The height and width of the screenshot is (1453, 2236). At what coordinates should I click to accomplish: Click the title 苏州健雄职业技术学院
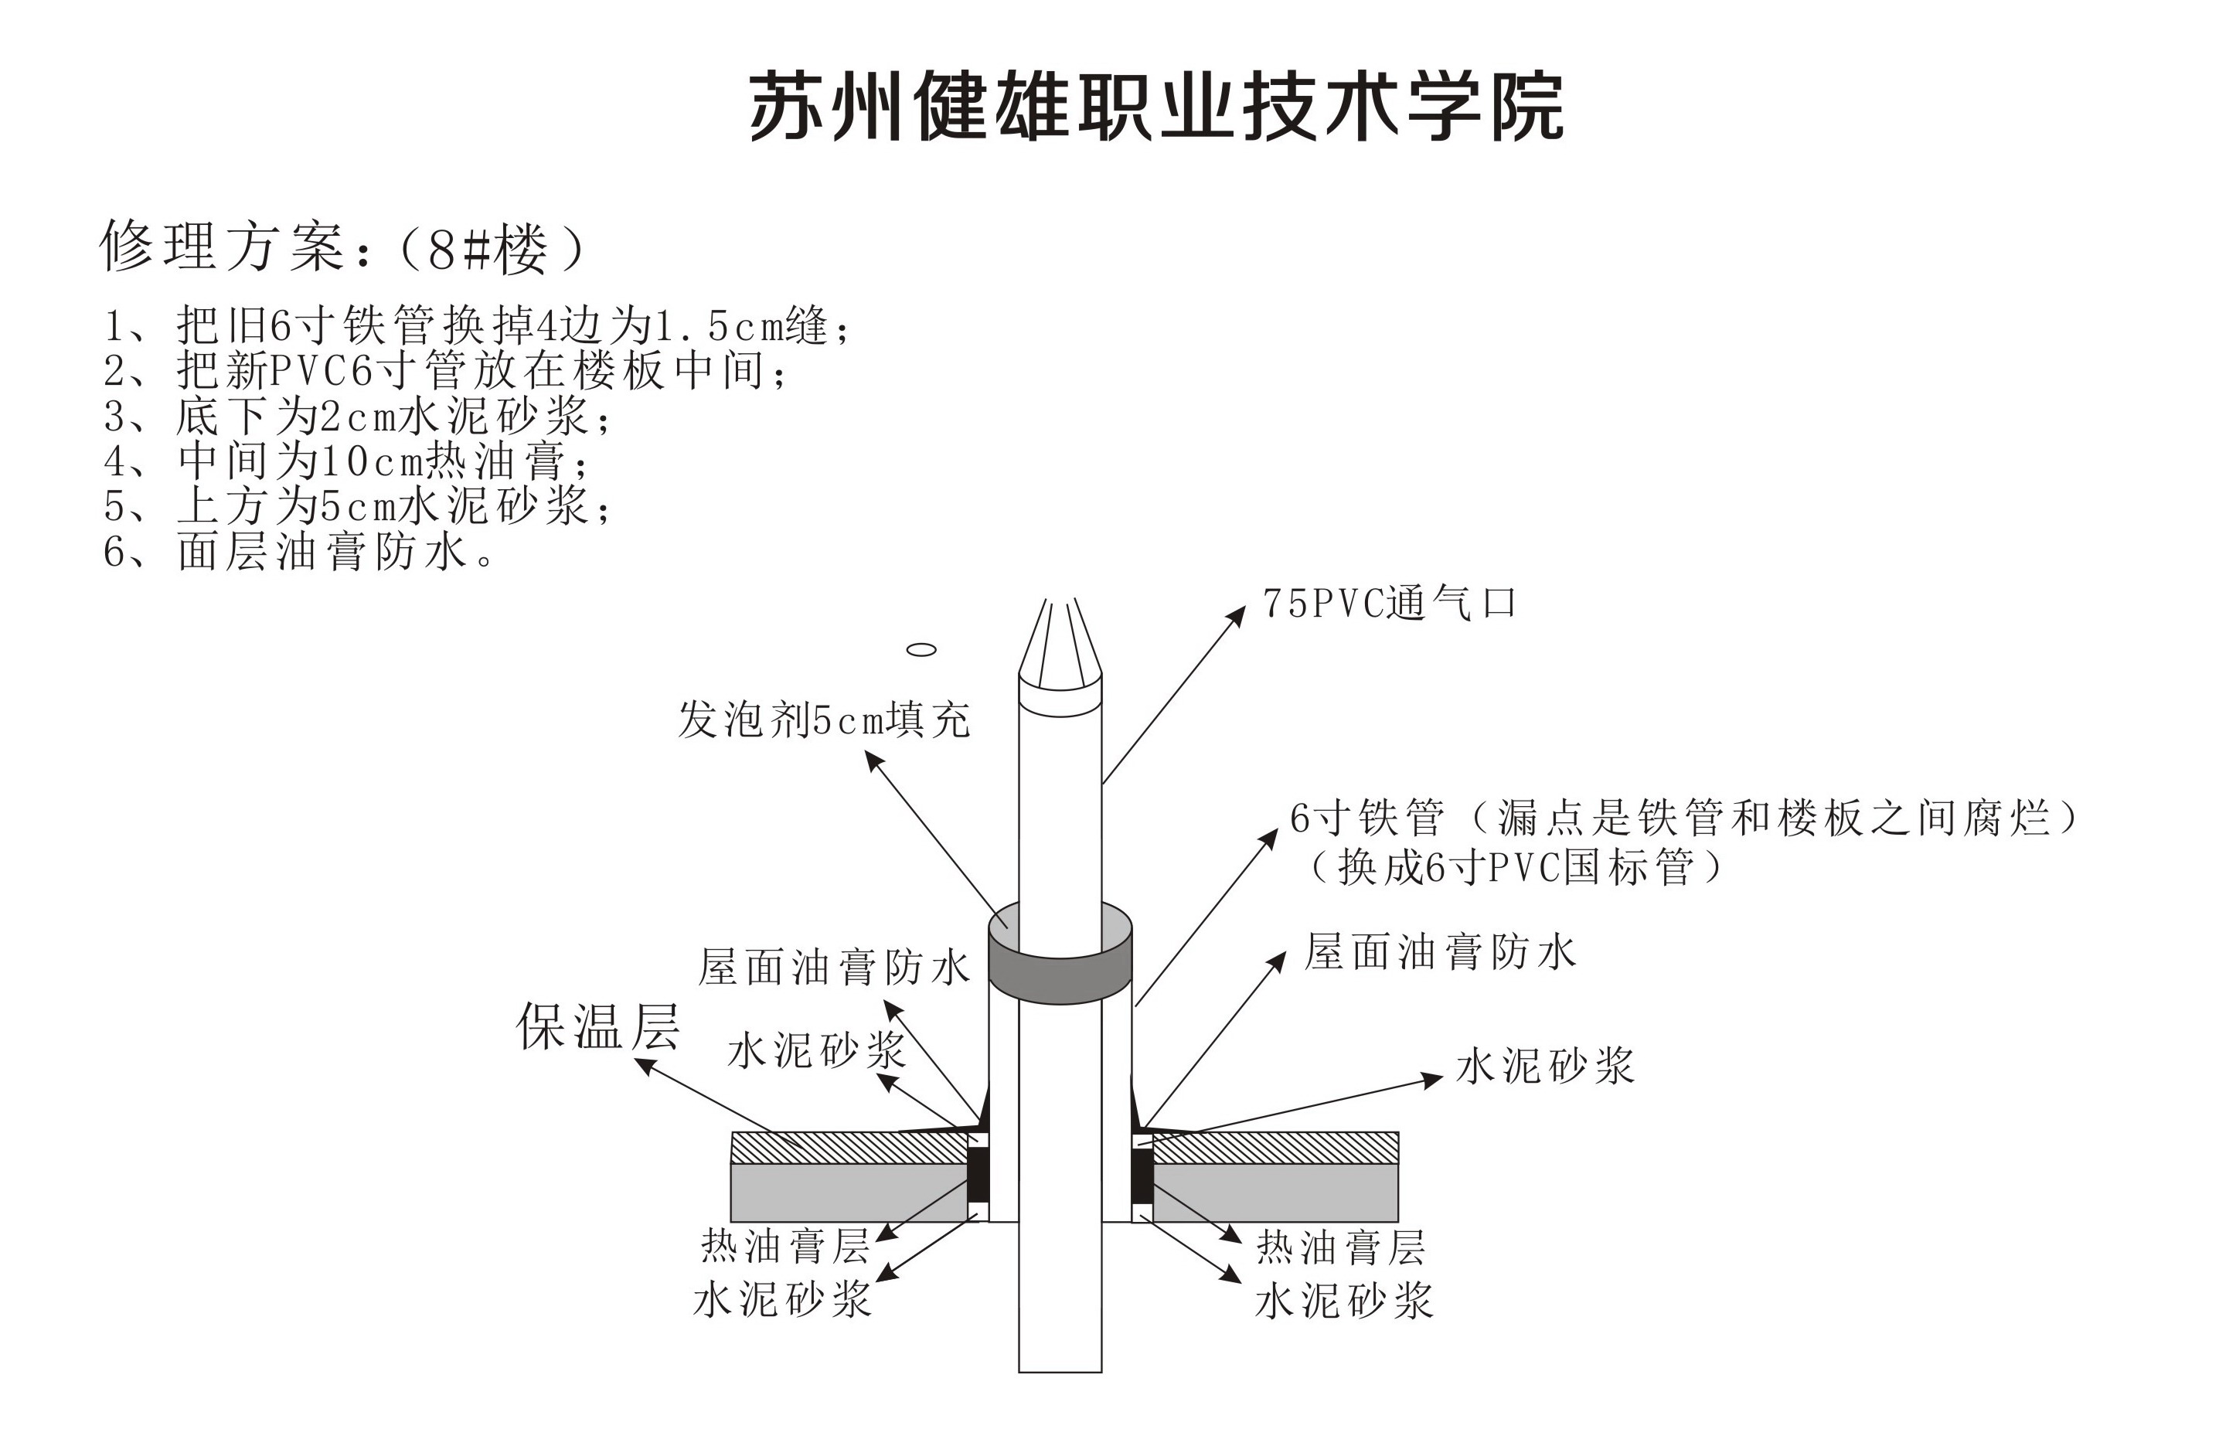coord(1155,106)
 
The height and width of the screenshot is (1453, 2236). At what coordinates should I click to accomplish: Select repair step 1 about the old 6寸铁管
coord(476,326)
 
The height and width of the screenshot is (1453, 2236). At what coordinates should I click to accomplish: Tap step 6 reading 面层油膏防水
coord(299,551)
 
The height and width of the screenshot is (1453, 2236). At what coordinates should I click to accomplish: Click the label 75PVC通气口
coord(1389,603)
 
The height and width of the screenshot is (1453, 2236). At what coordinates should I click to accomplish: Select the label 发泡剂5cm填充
coord(824,720)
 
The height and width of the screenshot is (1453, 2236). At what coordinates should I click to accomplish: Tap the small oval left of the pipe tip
coord(921,649)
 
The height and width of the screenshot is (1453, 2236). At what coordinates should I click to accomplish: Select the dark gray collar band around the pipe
coord(1060,977)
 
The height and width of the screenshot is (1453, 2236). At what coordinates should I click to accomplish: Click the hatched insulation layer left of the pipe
coord(849,1148)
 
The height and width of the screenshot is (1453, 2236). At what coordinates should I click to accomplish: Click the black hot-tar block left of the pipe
coord(978,1175)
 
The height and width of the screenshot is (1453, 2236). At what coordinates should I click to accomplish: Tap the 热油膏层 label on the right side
coord(1341,1247)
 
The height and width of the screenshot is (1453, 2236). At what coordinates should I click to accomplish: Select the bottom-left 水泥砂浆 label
coord(783,1300)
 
